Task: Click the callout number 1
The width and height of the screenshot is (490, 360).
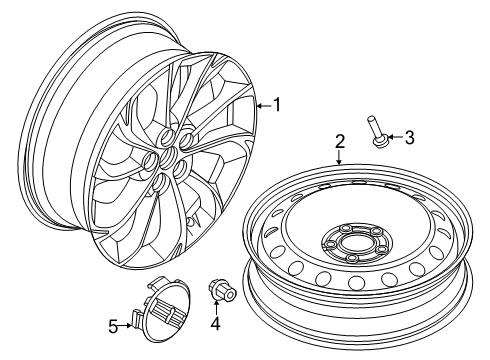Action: coord(279,103)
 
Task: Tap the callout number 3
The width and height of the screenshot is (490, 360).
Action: coord(409,138)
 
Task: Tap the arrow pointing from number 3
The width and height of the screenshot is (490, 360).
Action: coord(393,138)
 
